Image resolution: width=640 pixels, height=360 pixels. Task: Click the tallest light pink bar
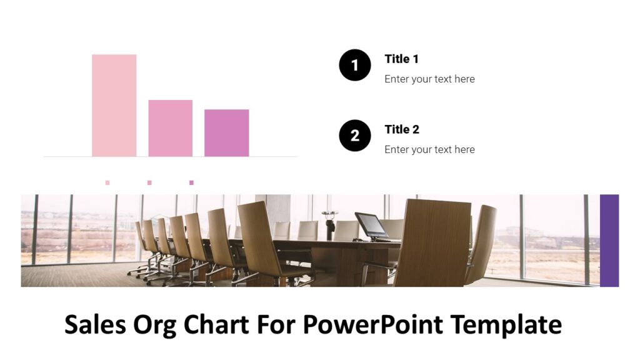tap(114, 105)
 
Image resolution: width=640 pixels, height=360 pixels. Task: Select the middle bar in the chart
tap(170, 128)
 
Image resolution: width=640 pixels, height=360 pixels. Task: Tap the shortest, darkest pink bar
tap(226, 132)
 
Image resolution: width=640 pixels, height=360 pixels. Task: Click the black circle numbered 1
tap(355, 65)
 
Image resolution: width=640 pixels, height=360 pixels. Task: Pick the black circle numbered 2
tap(355, 136)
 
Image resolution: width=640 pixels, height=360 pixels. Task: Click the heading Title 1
tap(401, 59)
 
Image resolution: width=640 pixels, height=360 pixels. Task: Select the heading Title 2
tap(402, 129)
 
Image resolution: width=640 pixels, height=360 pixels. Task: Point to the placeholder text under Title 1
tap(429, 79)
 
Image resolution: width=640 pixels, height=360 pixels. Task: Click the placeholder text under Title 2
tap(429, 149)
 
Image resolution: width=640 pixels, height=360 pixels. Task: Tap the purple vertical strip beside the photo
tap(609, 241)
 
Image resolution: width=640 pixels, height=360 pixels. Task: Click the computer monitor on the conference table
tap(372, 225)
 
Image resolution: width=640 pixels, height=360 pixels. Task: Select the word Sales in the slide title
tap(96, 325)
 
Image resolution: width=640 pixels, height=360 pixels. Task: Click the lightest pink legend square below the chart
tap(107, 182)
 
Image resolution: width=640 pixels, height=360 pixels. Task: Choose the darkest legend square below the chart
tap(191, 182)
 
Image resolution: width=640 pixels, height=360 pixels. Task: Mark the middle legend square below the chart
tap(149, 182)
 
